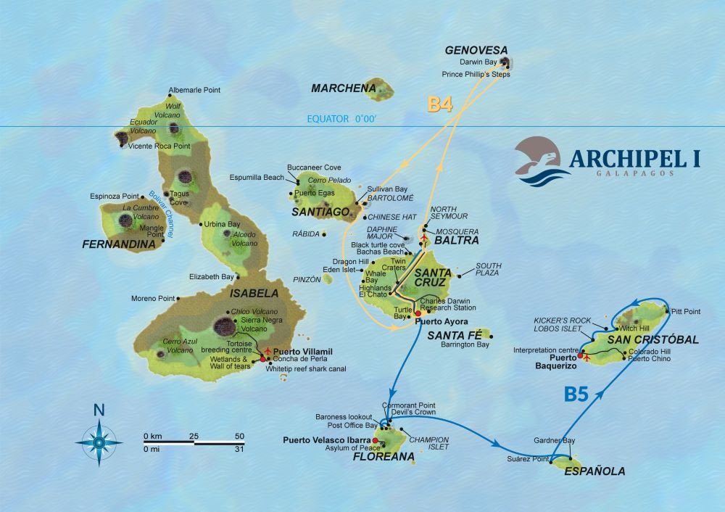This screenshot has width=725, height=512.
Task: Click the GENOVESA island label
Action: point(476,51)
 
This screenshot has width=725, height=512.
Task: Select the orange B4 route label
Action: point(440,104)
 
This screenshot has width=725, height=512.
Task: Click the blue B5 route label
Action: point(576,395)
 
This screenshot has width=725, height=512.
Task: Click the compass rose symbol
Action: point(99,437)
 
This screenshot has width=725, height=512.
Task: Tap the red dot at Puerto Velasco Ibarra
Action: point(375,440)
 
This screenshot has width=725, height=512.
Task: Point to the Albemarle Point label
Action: point(194,91)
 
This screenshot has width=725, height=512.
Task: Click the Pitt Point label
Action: point(686,311)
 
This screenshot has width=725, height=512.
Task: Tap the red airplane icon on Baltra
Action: point(423,236)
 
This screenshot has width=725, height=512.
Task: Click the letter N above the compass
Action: point(99,410)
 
